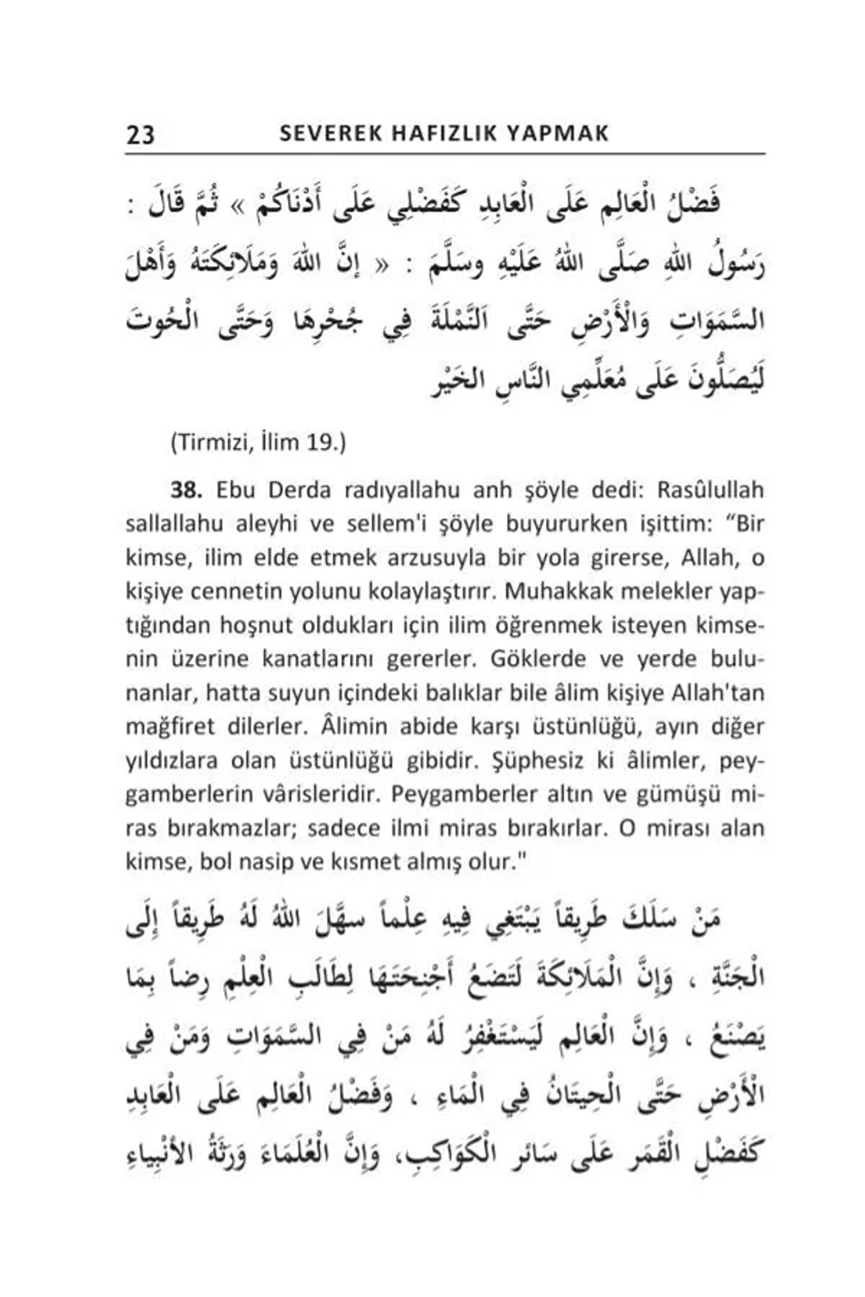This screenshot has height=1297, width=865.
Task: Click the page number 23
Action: tap(141, 135)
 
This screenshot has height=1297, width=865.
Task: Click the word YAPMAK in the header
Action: tap(558, 134)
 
